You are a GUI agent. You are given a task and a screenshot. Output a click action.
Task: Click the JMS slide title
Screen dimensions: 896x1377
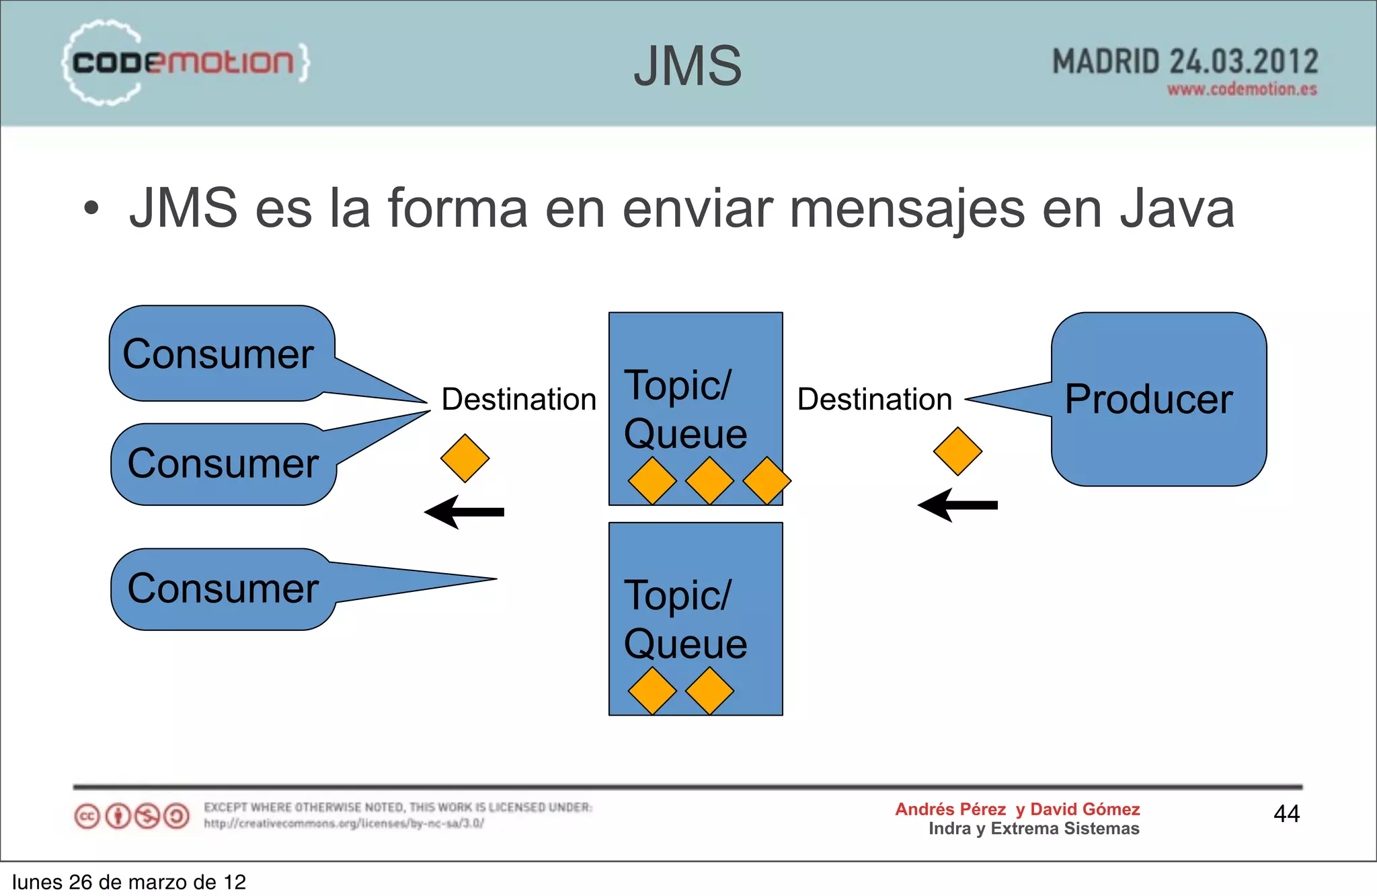[x=687, y=66]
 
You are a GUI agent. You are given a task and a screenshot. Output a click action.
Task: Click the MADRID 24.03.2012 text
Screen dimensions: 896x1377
[x=1185, y=62]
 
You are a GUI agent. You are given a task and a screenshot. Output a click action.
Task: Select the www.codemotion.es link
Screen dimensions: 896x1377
[x=1242, y=89]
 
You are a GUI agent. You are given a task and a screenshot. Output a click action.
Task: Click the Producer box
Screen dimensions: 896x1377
[x=1158, y=399]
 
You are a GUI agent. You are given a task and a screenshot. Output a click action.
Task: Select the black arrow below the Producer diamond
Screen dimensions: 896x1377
[x=958, y=505]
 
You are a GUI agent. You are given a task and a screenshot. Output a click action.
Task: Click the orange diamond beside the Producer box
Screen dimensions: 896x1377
[x=957, y=451]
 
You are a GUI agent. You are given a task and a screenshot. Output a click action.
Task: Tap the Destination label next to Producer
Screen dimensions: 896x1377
[x=875, y=399]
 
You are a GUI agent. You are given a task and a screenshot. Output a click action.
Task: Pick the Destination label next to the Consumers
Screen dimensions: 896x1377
[x=519, y=399]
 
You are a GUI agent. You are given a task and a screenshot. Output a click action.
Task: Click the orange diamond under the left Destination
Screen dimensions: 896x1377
[x=465, y=458]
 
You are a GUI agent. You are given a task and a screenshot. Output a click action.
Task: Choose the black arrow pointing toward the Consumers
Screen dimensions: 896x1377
[x=464, y=512]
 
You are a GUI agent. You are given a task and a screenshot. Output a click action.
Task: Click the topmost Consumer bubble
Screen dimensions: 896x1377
[x=219, y=354]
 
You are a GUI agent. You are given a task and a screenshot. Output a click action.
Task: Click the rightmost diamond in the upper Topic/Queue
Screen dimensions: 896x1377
[x=766, y=481]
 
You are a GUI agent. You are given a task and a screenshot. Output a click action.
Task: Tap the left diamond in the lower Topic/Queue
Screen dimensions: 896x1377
[x=652, y=691]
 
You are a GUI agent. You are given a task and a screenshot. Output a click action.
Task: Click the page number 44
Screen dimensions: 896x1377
[x=1286, y=814]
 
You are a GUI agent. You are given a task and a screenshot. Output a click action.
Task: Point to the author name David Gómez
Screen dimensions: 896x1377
[x=1085, y=809]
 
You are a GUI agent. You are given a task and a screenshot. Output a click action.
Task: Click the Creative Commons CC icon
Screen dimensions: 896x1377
[x=87, y=817]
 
